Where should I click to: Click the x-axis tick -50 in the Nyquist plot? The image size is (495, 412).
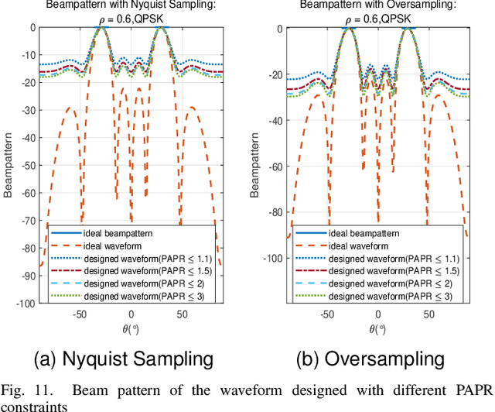click(79, 314)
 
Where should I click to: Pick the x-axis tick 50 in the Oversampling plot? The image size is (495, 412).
click(428, 314)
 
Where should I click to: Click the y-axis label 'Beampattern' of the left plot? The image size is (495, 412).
click(9, 166)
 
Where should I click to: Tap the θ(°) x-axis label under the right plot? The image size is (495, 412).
click(377, 328)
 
